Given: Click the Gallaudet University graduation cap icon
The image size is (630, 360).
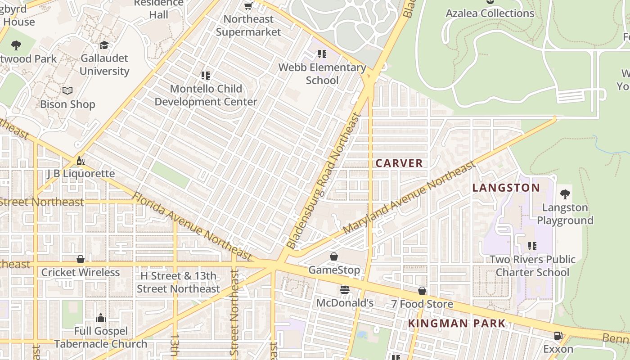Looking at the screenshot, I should pyautogui.click(x=104, y=45).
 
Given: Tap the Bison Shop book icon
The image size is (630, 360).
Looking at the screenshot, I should pyautogui.click(x=67, y=91).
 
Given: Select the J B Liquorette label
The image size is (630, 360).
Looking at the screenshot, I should pyautogui.click(x=81, y=174).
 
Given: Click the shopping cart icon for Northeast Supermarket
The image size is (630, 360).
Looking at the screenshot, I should pyautogui.click(x=248, y=6).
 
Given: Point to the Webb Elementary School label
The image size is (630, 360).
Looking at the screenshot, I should pyautogui.click(x=322, y=74).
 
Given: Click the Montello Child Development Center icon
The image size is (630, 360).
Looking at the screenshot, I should pyautogui.click(x=206, y=76).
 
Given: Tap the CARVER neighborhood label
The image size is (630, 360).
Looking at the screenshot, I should pyautogui.click(x=399, y=163).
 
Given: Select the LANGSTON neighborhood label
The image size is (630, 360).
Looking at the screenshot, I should pyautogui.click(x=506, y=188).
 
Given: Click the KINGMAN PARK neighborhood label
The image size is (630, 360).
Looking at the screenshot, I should pyautogui.click(x=457, y=323).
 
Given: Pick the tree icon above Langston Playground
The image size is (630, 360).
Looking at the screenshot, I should pyautogui.click(x=565, y=194).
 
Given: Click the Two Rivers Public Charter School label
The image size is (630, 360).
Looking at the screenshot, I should pyautogui.click(x=532, y=266).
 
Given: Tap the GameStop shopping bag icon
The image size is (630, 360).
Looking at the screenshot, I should pyautogui.click(x=334, y=256).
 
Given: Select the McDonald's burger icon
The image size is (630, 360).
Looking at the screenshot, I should pyautogui.click(x=345, y=290).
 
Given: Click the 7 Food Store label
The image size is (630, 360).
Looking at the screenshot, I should pyautogui.click(x=422, y=304).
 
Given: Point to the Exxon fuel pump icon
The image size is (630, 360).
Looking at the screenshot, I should pyautogui.click(x=558, y=336).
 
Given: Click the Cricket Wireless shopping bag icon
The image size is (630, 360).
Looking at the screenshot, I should pyautogui.click(x=81, y=259).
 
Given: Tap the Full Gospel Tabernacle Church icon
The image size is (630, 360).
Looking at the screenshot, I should pyautogui.click(x=101, y=318).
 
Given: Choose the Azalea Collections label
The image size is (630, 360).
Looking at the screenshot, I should pyautogui.click(x=490, y=13).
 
